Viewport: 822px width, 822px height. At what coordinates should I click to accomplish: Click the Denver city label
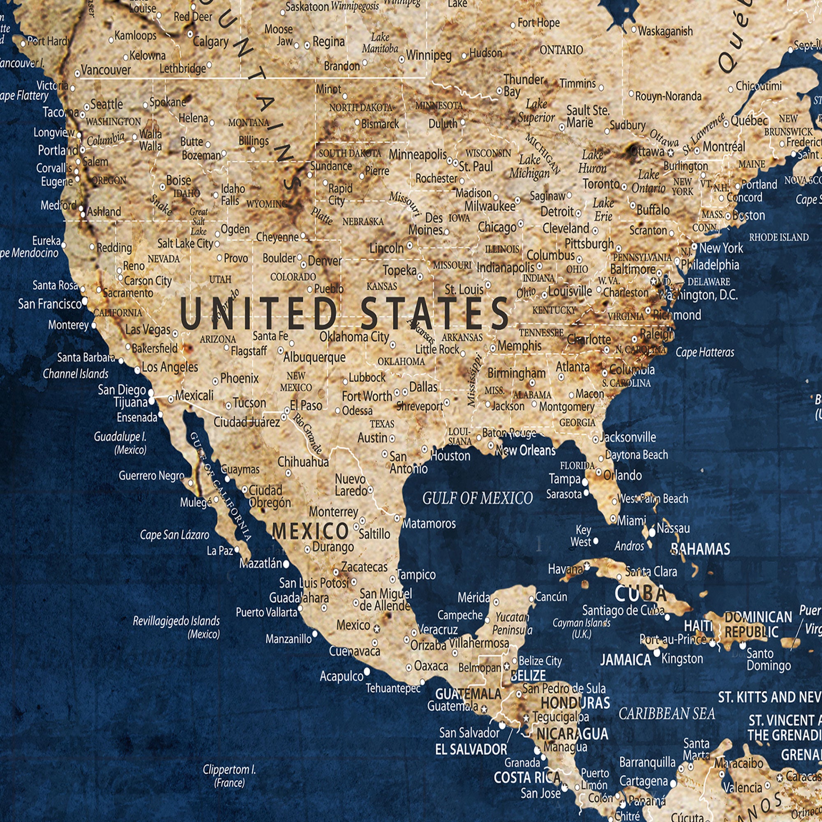pyautogui.click(x=325, y=261)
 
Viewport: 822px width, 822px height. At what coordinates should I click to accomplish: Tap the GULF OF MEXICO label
pyautogui.click(x=477, y=498)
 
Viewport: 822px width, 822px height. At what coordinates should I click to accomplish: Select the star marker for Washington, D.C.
pyautogui.click(x=653, y=281)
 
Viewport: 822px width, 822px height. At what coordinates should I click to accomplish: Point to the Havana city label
pyautogui.click(x=565, y=568)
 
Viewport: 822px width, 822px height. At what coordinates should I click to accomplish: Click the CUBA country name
pyautogui.click(x=641, y=593)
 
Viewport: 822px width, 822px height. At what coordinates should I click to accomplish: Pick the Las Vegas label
pyautogui.click(x=148, y=330)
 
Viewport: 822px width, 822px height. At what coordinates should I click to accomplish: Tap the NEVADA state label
pyautogui.click(x=164, y=259)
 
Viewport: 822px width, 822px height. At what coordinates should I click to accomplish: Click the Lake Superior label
pyautogui.click(x=536, y=111)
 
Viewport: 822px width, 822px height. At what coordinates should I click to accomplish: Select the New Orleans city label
pyautogui.click(x=525, y=450)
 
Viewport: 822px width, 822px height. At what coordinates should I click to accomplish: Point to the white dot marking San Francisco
pyautogui.click(x=85, y=301)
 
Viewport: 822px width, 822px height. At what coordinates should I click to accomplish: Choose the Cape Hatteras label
pyautogui.click(x=705, y=352)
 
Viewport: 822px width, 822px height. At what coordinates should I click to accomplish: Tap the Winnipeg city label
pyautogui.click(x=428, y=55)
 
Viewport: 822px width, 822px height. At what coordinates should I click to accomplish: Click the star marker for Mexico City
pyautogui.click(x=376, y=628)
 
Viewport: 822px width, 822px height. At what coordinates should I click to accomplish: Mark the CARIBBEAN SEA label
pyautogui.click(x=667, y=713)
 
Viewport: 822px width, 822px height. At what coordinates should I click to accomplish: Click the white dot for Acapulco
pyautogui.click(x=367, y=671)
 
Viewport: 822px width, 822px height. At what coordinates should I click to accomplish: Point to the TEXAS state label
pyautogui.click(x=382, y=424)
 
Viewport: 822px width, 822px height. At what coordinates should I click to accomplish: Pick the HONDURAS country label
pyautogui.click(x=575, y=702)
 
